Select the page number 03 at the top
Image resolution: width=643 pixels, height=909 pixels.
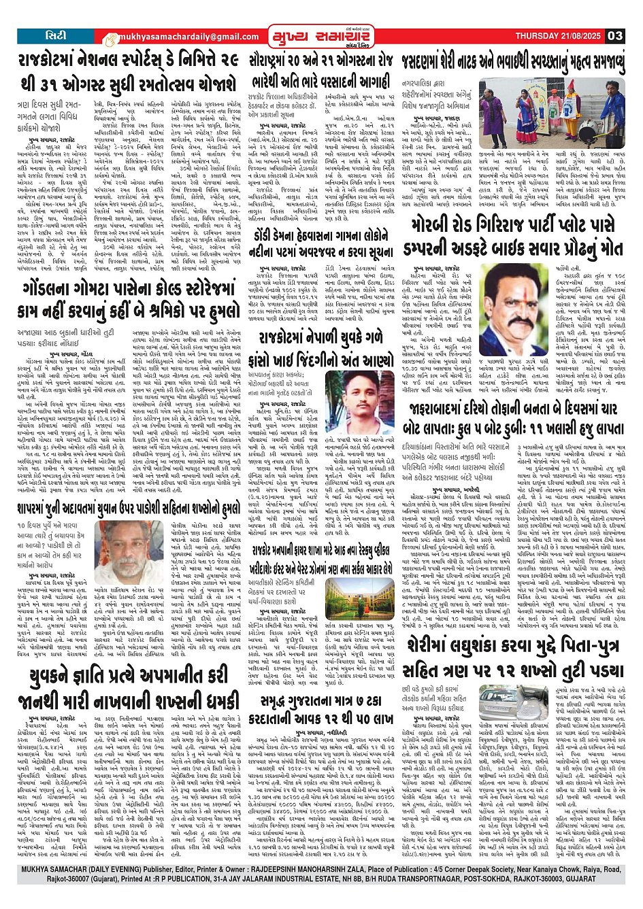[x=615, y=36]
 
